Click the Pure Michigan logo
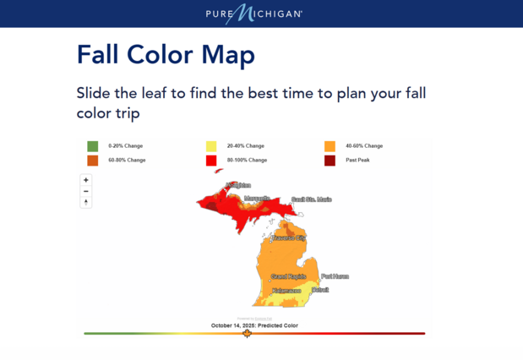[253, 14]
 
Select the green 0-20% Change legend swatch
[92, 145]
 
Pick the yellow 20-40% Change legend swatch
[211, 145]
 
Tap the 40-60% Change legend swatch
[330, 145]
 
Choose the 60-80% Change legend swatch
[92, 160]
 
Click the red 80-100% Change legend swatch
[211, 160]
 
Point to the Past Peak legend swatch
[330, 160]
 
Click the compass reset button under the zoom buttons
[86, 203]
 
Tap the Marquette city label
[257, 199]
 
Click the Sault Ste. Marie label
[311, 199]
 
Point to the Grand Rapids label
[288, 276]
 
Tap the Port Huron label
[335, 276]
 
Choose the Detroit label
[320, 290]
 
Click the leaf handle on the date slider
[248, 334]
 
